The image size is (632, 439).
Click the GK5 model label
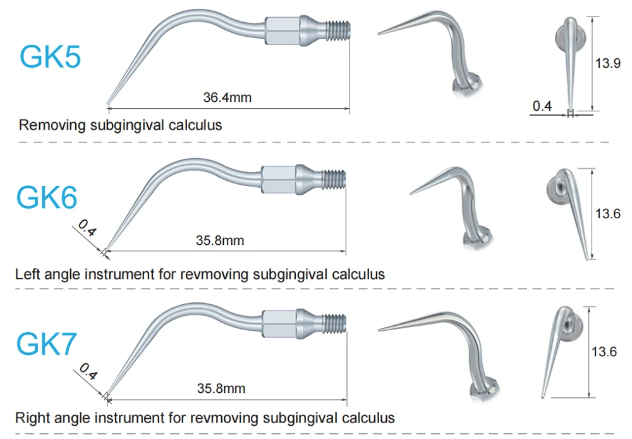(50, 56)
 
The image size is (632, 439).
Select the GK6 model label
(47, 198)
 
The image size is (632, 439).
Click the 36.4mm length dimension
(227, 97)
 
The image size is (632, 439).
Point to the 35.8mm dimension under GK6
(219, 240)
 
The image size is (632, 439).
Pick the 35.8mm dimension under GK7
(221, 388)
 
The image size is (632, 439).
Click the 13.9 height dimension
(607, 63)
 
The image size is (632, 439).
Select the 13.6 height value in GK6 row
(607, 214)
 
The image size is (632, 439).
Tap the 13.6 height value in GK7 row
(604, 352)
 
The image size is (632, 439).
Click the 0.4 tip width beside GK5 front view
(542, 106)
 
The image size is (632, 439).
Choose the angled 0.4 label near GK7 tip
(88, 373)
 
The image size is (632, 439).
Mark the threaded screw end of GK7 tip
(334, 323)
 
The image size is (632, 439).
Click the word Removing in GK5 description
(52, 125)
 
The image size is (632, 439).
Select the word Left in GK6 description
(28, 274)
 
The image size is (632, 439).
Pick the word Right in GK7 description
(32, 417)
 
